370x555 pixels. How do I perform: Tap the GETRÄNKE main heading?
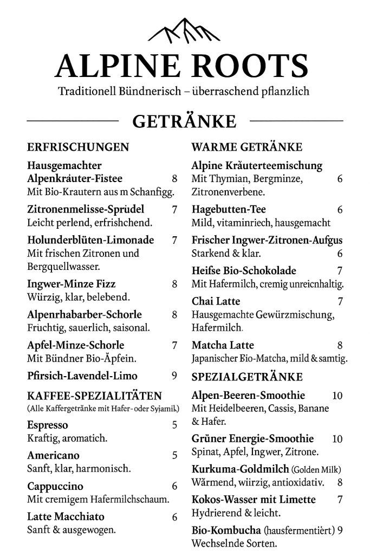point(184,121)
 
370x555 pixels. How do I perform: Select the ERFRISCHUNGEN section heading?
point(78,147)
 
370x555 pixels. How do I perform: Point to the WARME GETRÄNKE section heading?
point(246,147)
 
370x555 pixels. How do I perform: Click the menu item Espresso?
point(48,425)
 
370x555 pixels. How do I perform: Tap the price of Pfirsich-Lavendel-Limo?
point(174,376)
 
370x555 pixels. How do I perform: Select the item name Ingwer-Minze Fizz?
point(71,283)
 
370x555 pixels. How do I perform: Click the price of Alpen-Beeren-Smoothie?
point(337,396)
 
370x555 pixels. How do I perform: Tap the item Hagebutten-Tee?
point(229,209)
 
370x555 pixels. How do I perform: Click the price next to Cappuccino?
point(174,486)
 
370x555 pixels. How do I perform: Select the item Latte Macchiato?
point(66,517)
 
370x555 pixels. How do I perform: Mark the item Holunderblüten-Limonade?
point(90,240)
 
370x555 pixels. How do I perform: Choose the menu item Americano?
point(53,455)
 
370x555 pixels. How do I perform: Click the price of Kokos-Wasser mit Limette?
point(340,500)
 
